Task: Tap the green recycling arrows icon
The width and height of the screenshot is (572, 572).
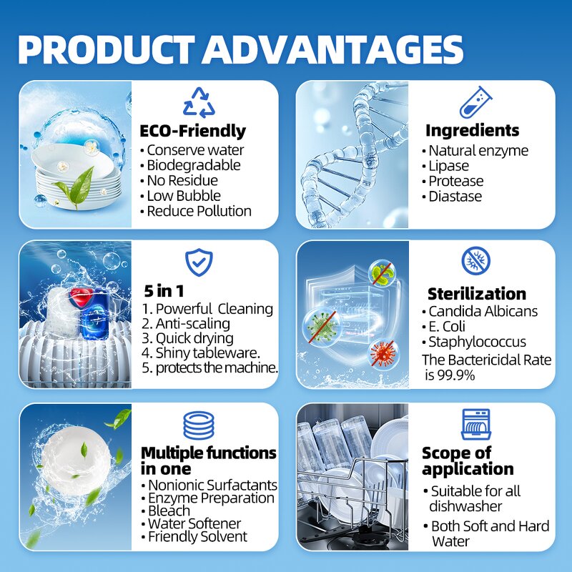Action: pos(198,102)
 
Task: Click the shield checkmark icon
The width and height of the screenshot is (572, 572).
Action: pos(198,262)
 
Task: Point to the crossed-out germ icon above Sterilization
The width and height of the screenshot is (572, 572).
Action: pos(475,262)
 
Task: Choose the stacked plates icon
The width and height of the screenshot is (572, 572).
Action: pos(198,425)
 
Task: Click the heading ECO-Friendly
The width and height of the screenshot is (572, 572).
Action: pos(193,131)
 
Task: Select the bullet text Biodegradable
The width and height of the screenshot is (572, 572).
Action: pos(193,165)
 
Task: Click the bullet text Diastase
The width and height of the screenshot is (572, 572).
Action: pos(455,197)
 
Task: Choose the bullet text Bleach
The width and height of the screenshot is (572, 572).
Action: pos(169,511)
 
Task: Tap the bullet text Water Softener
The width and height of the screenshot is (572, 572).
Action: pos(194,523)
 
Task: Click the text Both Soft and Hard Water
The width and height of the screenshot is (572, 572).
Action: pos(490,533)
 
